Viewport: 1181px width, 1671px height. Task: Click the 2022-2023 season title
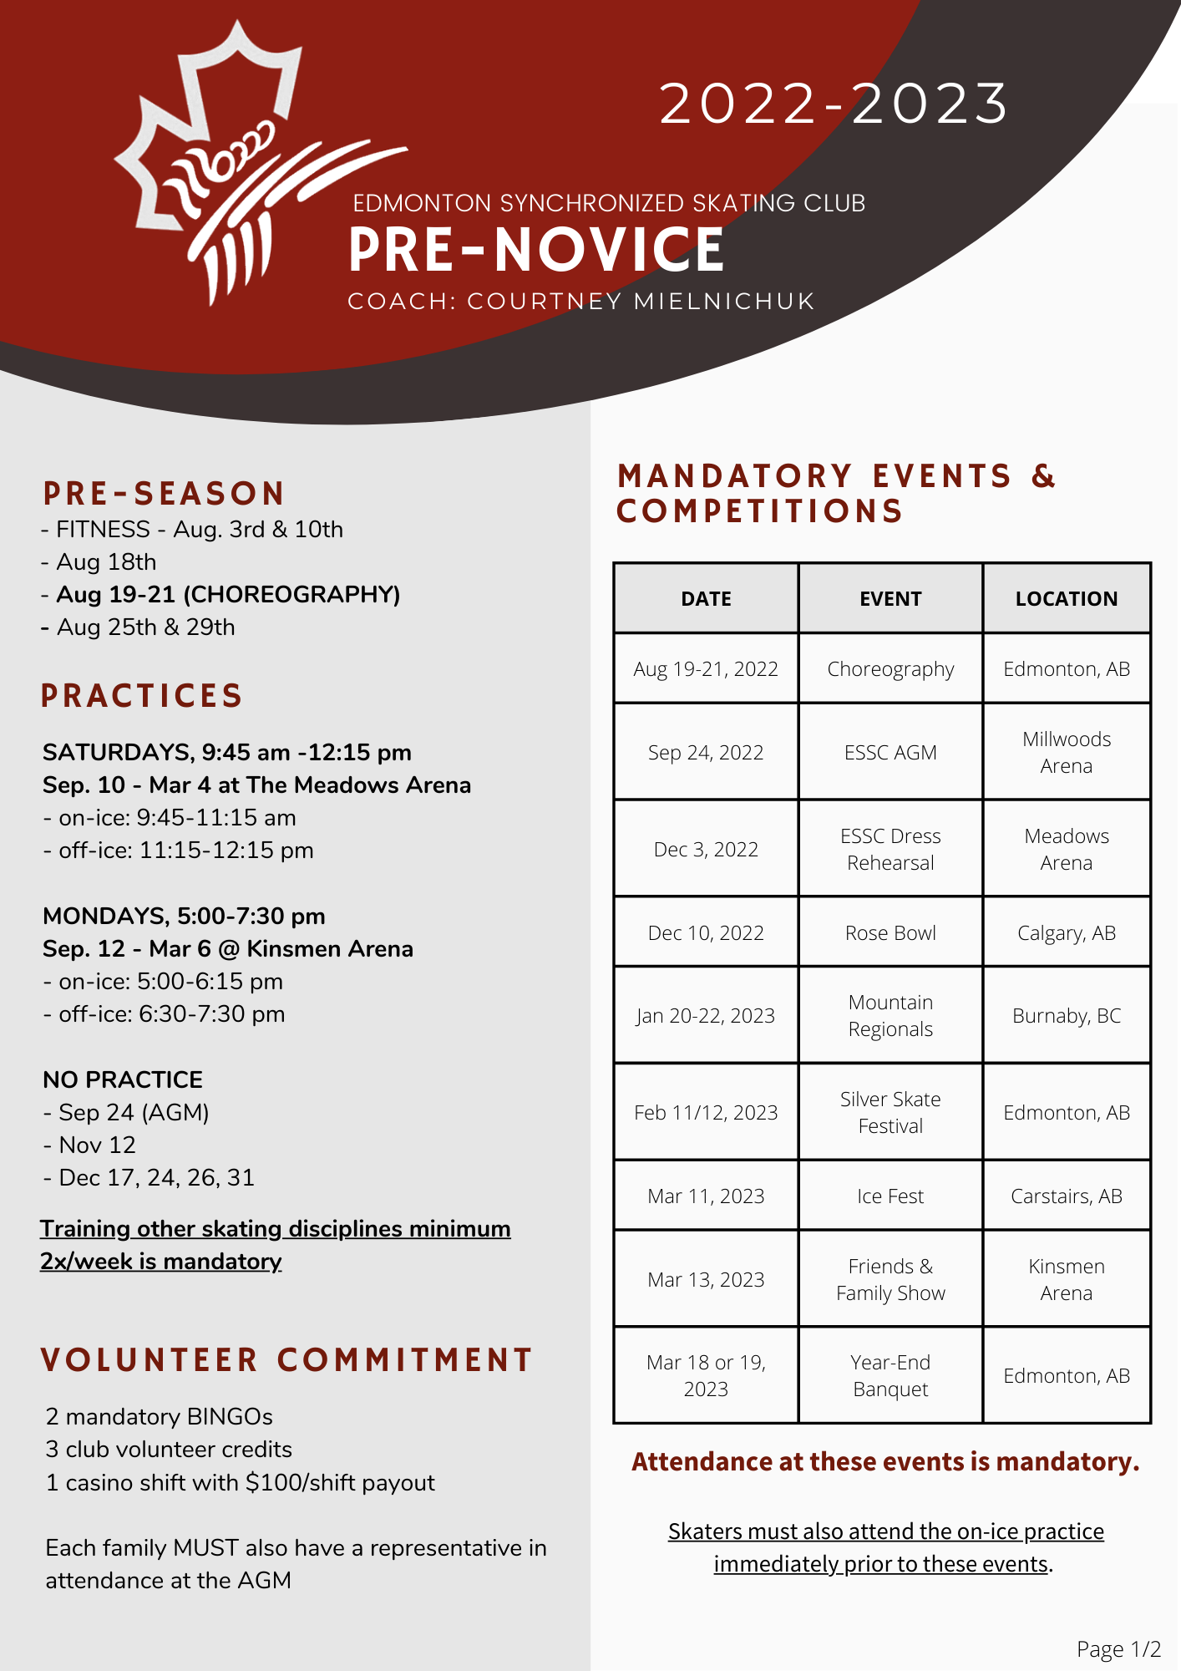(x=834, y=104)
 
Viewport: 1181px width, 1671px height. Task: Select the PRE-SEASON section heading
(x=164, y=494)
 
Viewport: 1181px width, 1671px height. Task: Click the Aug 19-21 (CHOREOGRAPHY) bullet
(x=220, y=594)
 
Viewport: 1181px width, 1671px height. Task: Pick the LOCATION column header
(x=1067, y=598)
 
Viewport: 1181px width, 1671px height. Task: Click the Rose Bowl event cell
(x=890, y=932)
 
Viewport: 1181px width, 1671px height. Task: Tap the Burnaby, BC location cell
(x=1067, y=1015)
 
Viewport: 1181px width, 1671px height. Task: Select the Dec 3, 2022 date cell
(x=706, y=849)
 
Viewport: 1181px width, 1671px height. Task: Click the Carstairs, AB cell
(x=1067, y=1196)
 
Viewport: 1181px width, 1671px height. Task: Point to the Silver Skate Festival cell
(x=890, y=1112)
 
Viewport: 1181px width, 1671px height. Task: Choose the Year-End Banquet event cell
(x=890, y=1375)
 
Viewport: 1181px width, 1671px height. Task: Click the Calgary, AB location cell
(x=1067, y=932)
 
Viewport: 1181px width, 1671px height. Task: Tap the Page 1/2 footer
(x=1119, y=1649)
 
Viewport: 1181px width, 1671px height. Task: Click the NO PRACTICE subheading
(x=123, y=1079)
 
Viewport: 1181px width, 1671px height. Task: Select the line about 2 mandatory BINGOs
(x=159, y=1416)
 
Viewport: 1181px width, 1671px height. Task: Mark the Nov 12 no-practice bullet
(x=89, y=1145)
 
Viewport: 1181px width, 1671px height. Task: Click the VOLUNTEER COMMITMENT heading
(x=286, y=1360)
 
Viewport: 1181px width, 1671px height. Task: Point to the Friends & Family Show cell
(x=890, y=1279)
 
